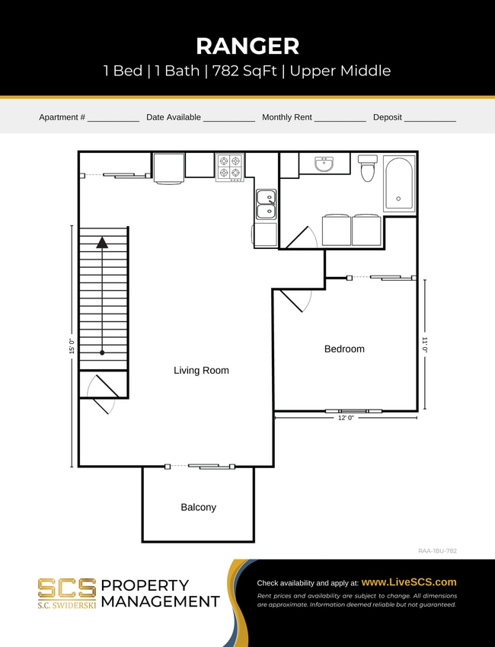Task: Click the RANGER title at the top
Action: click(x=247, y=46)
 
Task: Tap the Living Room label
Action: click(x=201, y=371)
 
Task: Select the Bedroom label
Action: click(x=344, y=349)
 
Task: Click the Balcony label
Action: click(x=198, y=507)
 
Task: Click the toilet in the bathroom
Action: click(x=368, y=168)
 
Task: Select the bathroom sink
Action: click(x=324, y=163)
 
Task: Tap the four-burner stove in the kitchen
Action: click(x=230, y=167)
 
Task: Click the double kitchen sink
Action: click(x=266, y=204)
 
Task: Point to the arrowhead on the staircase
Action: click(x=102, y=243)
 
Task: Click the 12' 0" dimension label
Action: click(x=346, y=418)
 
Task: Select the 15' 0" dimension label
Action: click(x=72, y=346)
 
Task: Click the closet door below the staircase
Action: click(x=101, y=394)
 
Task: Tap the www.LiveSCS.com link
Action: click(x=408, y=582)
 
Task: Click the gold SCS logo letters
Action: click(x=67, y=588)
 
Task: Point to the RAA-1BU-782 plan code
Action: click(x=437, y=550)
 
